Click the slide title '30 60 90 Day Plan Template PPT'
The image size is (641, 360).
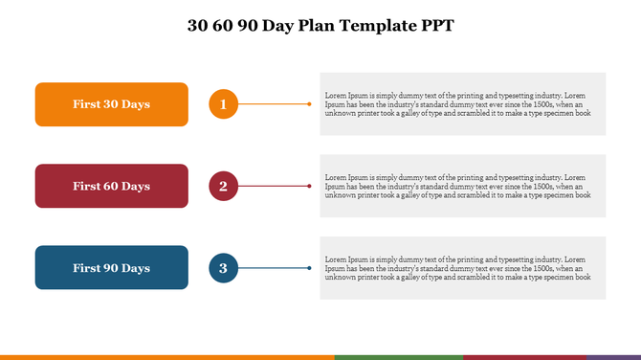pyautogui.click(x=320, y=26)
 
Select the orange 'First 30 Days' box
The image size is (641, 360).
pyautogui.click(x=111, y=104)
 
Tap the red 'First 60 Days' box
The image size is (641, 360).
pyautogui.click(x=111, y=186)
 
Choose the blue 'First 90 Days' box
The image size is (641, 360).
pyautogui.click(x=111, y=268)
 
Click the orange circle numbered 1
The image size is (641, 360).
pyautogui.click(x=223, y=104)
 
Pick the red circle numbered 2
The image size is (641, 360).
pyautogui.click(x=223, y=186)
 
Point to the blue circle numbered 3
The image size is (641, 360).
pyautogui.click(x=223, y=268)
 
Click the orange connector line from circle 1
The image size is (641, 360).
pyautogui.click(x=273, y=103)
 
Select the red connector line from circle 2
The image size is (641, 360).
pyautogui.click(x=273, y=186)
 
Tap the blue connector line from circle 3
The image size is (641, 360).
pyautogui.click(x=273, y=268)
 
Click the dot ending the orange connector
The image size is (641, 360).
pyautogui.click(x=309, y=103)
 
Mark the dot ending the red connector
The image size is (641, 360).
pyautogui.click(x=309, y=186)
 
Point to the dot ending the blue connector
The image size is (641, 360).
pyautogui.click(x=309, y=268)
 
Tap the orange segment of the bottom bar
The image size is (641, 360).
pyautogui.click(x=167, y=357)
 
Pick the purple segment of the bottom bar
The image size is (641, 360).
pyautogui.click(x=613, y=357)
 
